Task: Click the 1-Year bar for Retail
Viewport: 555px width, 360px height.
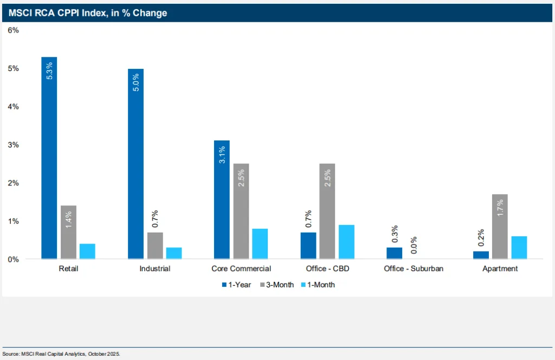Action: coord(49,158)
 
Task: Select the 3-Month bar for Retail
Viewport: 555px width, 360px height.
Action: coord(68,232)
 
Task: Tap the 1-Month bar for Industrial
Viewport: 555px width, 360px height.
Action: coord(174,253)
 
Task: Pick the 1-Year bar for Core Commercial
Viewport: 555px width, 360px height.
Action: coord(222,200)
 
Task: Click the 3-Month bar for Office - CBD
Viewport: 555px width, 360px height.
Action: coord(327,211)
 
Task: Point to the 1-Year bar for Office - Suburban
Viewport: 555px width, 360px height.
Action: coord(395,253)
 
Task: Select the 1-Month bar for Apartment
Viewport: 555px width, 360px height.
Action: coord(519,247)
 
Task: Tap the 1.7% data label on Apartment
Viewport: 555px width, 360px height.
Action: coord(500,208)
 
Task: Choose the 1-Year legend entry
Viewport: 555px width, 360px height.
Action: coord(236,285)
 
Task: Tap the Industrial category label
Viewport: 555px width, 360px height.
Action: coord(155,268)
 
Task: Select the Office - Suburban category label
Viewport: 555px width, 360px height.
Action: coord(414,268)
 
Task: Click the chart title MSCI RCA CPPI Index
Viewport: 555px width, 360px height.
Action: coord(88,13)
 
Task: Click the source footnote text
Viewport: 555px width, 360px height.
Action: coord(61,353)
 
